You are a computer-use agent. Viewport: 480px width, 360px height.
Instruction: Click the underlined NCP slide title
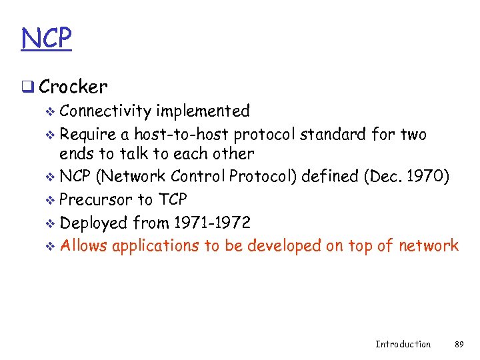coord(46,38)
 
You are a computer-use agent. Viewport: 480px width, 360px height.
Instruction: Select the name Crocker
coord(73,87)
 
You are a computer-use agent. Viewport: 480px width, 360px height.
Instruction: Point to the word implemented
coord(203,111)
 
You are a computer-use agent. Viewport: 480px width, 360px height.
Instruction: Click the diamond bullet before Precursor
coord(51,200)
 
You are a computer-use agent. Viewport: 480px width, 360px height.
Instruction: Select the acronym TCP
coord(172,199)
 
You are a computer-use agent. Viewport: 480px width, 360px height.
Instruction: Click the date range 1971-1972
coord(211,222)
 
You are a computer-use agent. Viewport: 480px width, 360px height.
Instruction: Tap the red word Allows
coord(84,245)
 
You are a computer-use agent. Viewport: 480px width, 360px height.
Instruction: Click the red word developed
coord(284,246)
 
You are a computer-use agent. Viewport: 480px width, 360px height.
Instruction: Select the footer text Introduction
coord(403,344)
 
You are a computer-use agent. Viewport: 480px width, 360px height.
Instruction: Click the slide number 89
coord(459,344)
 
